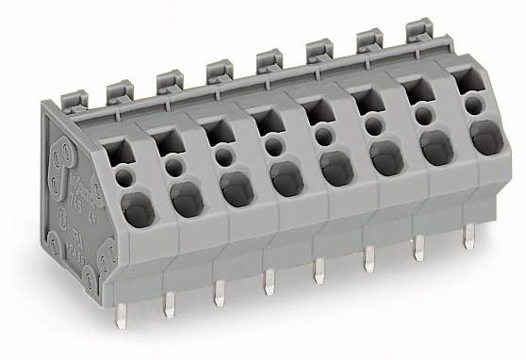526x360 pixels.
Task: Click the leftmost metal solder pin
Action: click(120, 316)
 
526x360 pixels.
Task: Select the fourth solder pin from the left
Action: click(270, 281)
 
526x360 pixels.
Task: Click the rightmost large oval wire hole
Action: click(485, 139)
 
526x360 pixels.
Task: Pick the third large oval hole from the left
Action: click(236, 188)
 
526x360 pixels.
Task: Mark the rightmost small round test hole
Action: click(473, 107)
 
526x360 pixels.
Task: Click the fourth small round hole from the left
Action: click(273, 147)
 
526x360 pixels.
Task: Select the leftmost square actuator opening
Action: click(115, 149)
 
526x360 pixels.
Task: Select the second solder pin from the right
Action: click(419, 247)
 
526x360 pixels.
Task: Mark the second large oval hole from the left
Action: click(186, 197)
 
